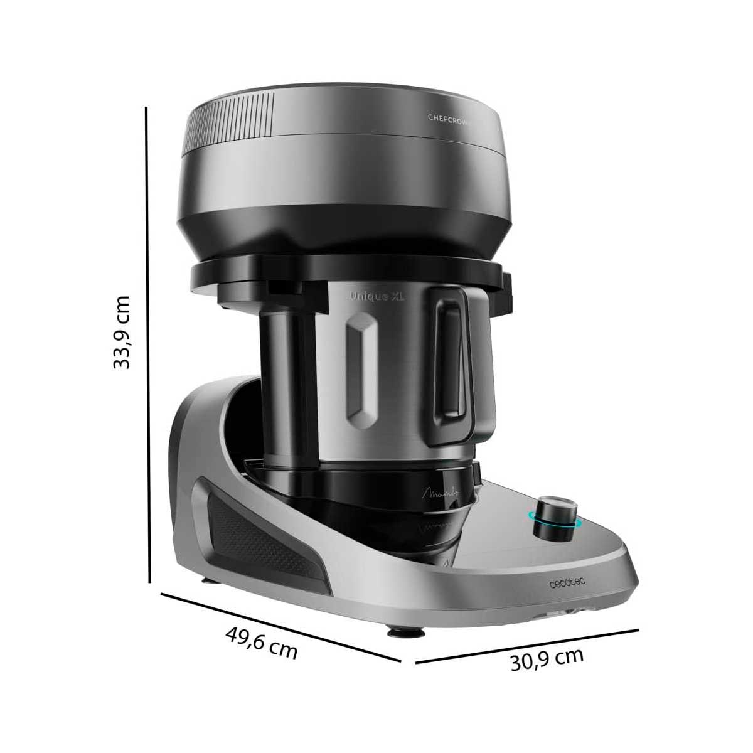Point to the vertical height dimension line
(x=148, y=345)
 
